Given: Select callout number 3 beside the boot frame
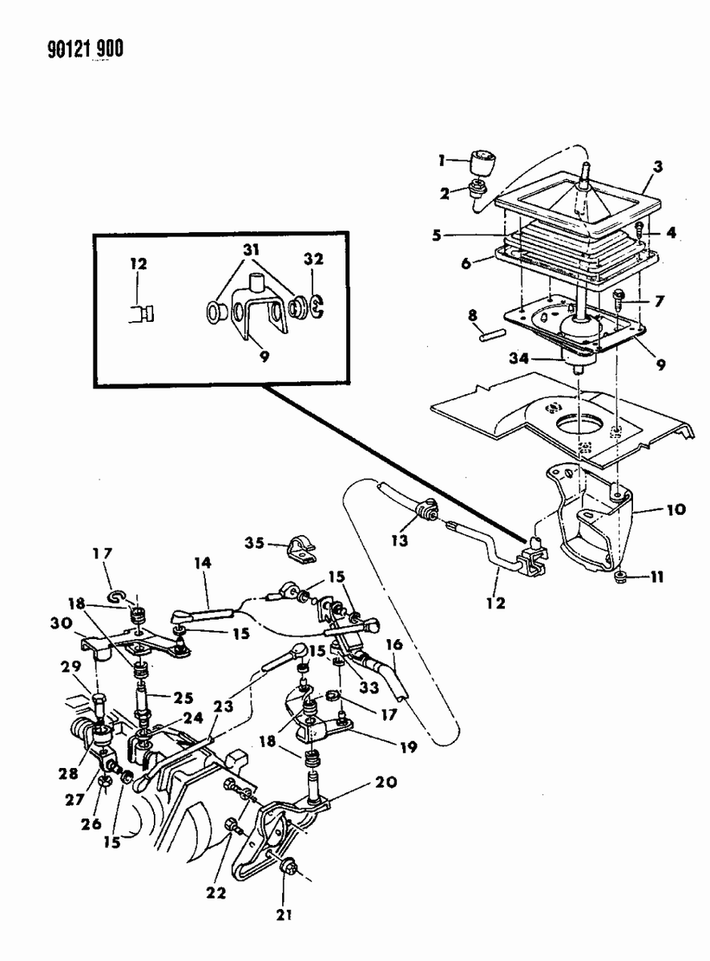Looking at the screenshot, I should click(x=657, y=167).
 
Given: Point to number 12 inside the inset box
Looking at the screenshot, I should click(x=139, y=263).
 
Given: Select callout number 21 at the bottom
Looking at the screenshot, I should click(x=284, y=914).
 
